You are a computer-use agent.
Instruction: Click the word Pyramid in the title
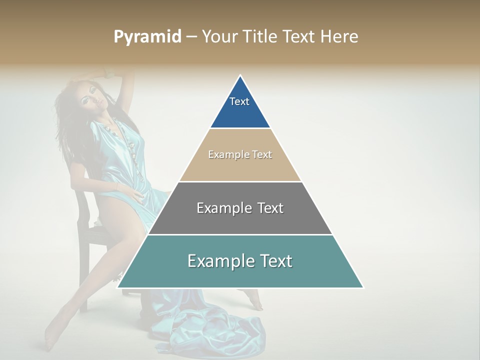[147, 37]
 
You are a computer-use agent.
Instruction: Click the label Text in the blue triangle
[239, 101]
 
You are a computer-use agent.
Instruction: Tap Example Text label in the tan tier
[240, 154]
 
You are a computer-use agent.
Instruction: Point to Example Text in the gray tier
[240, 208]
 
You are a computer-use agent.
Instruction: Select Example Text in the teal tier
[240, 261]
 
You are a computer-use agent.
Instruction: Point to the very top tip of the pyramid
[240, 76]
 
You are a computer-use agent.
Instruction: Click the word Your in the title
[220, 37]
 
